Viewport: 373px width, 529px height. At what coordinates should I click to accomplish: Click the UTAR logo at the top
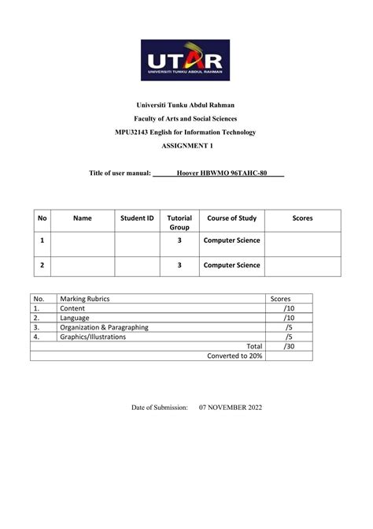point(186,61)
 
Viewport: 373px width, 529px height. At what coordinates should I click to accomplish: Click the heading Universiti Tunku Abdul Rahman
point(186,105)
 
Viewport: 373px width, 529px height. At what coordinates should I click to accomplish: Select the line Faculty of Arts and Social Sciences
point(186,118)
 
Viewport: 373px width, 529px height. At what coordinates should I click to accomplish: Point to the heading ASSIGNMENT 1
point(186,146)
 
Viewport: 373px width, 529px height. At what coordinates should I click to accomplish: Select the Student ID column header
point(136,217)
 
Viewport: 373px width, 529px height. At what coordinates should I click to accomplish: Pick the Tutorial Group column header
point(179,222)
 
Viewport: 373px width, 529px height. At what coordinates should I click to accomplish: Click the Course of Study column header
point(231,217)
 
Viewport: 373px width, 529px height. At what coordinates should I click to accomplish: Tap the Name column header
point(82,217)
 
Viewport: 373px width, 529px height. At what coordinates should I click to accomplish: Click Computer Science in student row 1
point(231,240)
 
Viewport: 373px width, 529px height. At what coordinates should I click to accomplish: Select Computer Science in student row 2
point(231,266)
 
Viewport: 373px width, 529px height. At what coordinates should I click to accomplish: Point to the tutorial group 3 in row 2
point(179,266)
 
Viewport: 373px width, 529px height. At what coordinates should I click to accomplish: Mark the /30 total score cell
point(289,346)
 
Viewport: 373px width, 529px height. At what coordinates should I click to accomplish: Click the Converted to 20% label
point(235,356)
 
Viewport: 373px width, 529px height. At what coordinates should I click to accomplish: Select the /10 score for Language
point(289,319)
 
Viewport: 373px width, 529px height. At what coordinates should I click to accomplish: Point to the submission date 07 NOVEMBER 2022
point(231,408)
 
